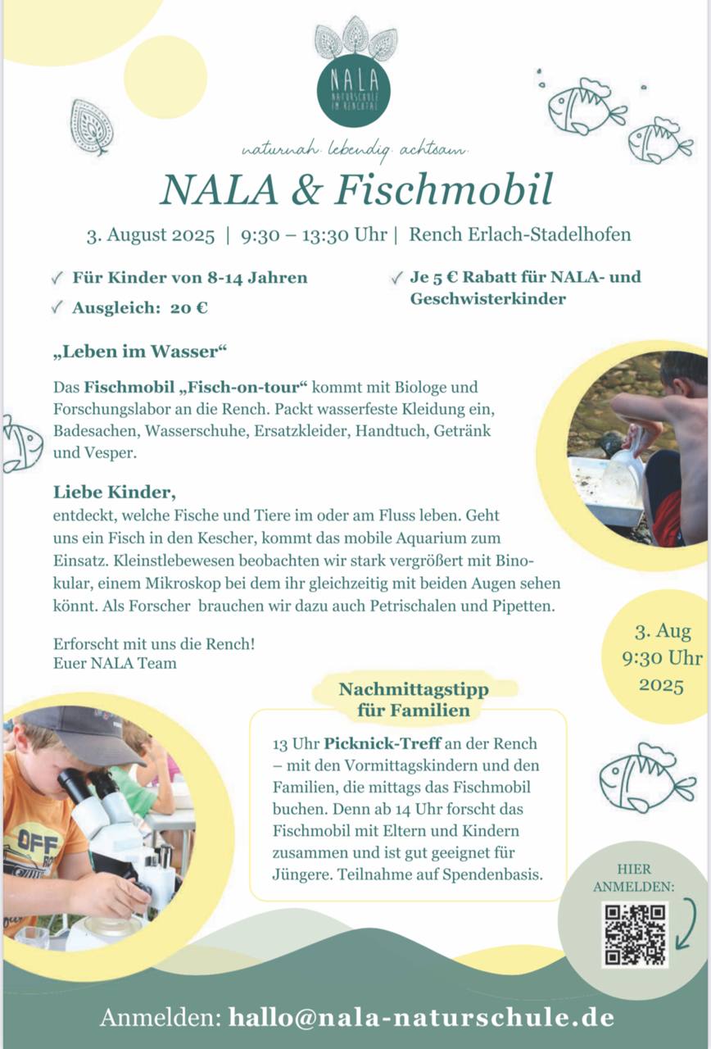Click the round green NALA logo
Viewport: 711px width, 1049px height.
(353, 90)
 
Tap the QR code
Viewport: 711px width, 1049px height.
(634, 934)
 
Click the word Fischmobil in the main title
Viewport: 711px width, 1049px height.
(443, 188)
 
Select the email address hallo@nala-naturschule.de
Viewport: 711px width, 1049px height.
(422, 1017)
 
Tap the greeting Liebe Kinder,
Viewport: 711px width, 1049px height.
(114, 493)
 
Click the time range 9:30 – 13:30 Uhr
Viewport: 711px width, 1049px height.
(314, 234)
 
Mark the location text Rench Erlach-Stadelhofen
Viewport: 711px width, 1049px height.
(519, 234)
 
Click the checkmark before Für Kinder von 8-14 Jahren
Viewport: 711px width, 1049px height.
(57, 278)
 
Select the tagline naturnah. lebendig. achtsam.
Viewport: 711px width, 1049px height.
(355, 150)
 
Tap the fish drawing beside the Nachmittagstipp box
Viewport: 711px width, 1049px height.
(645, 778)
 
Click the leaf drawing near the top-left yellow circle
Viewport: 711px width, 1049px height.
(91, 127)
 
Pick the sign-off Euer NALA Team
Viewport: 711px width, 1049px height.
(115, 663)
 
